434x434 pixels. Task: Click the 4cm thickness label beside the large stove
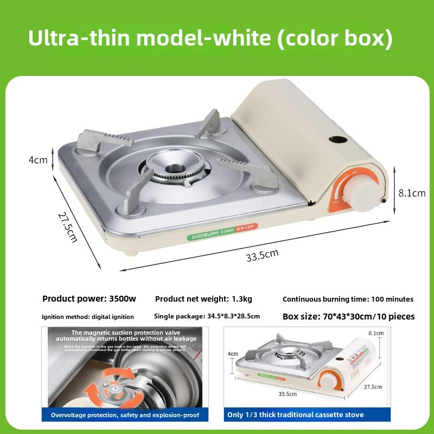click(38, 160)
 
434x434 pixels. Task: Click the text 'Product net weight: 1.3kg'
click(203, 299)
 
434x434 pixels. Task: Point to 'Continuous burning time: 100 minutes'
click(348, 299)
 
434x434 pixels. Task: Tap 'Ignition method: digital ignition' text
click(87, 316)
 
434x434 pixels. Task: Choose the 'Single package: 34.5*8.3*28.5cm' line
click(207, 316)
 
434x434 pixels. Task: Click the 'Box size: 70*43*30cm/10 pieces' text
click(348, 316)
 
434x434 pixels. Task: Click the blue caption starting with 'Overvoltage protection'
click(125, 415)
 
